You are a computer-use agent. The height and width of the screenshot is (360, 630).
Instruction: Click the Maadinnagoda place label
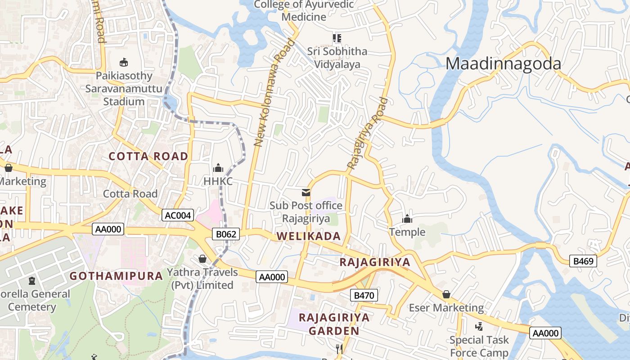[x=503, y=64]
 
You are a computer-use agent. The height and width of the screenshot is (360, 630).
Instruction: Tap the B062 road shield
[x=226, y=234]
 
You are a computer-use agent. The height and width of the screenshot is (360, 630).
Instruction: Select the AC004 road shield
[x=178, y=215]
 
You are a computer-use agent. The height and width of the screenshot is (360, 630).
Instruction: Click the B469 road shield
[x=583, y=261]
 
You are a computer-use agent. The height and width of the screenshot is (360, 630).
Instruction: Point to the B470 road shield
[x=364, y=295]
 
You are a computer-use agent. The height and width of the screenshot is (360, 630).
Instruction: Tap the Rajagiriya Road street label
[x=367, y=134]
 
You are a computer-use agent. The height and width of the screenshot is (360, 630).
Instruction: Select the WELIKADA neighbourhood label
[x=308, y=236]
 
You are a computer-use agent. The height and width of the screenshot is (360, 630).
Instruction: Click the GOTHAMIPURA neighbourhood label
[x=116, y=276]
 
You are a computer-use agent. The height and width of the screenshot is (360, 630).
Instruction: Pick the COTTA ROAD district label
[x=148, y=156]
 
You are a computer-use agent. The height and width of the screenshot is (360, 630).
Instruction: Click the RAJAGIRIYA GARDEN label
[x=334, y=324]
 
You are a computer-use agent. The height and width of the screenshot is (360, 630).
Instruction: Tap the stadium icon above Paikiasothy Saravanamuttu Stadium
[x=123, y=62]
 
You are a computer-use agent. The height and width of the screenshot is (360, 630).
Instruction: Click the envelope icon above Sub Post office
[x=306, y=193]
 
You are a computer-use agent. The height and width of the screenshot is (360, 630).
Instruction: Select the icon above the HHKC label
[x=218, y=168]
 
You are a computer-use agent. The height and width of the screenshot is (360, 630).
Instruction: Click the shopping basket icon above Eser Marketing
[x=446, y=294]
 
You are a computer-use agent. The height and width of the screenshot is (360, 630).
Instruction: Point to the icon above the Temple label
[x=407, y=219]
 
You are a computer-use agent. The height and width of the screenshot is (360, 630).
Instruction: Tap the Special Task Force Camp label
[x=479, y=346]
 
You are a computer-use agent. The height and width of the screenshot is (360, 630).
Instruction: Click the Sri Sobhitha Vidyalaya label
[x=337, y=58]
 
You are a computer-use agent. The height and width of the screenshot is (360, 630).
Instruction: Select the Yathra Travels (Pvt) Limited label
[x=202, y=279]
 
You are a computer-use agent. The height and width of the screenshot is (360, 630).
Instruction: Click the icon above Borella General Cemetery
[x=31, y=281]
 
